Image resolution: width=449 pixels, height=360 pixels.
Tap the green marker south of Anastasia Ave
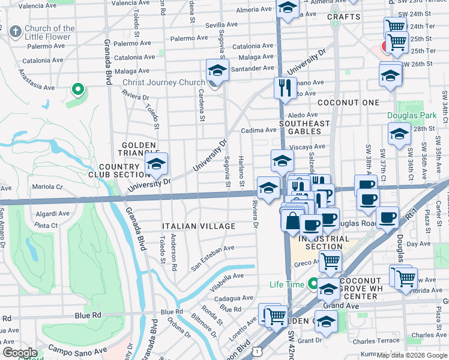[77, 90]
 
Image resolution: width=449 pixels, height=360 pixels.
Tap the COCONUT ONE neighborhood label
[348, 103]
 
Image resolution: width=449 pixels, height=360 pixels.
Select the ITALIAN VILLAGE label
[199, 226]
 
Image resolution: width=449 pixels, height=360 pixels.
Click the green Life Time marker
[312, 283]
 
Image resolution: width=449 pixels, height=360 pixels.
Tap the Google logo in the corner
[20, 353]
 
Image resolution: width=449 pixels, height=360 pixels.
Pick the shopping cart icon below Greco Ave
[330, 260]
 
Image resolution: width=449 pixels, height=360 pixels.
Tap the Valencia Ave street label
[40, 6]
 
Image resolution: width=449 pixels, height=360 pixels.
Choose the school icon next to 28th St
[399, 134]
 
